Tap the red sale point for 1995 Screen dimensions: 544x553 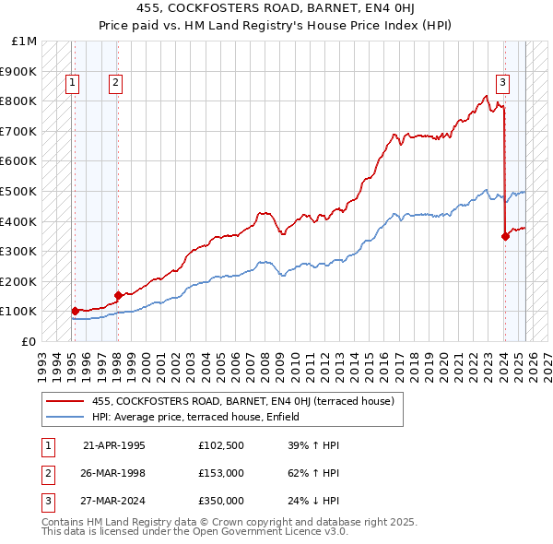[x=75, y=311]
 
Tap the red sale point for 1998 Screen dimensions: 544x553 [x=118, y=295]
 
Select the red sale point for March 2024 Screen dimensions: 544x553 [x=505, y=236]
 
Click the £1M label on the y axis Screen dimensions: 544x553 [x=25, y=41]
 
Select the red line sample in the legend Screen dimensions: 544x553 [x=65, y=401]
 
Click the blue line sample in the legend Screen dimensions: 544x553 [x=65, y=417]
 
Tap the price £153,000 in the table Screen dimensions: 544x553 [x=220, y=474]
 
